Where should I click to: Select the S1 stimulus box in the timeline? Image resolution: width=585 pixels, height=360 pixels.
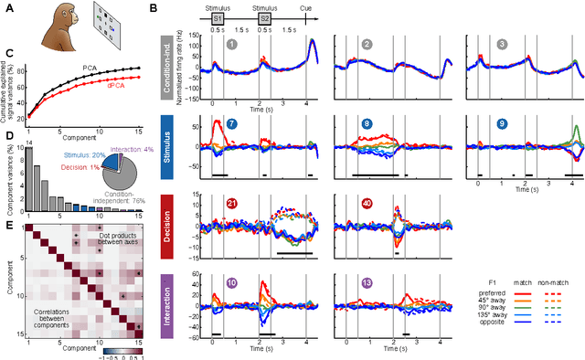point(217,17)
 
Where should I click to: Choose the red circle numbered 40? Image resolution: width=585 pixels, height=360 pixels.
point(365,203)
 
